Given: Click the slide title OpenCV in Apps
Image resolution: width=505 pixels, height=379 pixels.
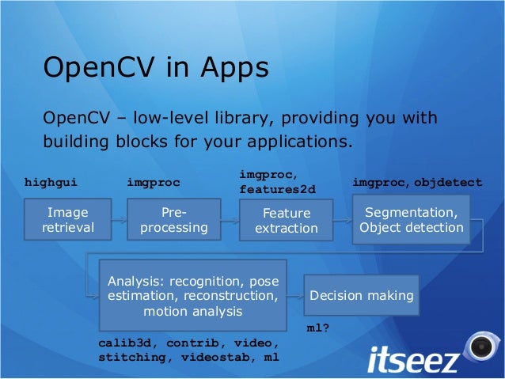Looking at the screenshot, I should tap(155, 67).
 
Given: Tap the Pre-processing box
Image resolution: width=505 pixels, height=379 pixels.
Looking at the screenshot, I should tap(174, 221).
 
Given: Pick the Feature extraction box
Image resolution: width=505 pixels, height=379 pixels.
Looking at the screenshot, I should tap(286, 221).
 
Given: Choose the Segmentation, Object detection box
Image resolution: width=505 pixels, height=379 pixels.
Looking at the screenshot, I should tap(412, 219).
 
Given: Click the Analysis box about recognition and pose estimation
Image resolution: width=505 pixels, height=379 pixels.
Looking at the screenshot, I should tap(192, 296).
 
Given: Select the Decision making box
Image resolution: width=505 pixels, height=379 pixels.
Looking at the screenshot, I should tap(362, 296).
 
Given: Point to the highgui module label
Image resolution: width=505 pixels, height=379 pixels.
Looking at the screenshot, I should tap(51, 183).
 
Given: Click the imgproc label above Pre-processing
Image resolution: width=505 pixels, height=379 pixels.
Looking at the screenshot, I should tap(154, 183).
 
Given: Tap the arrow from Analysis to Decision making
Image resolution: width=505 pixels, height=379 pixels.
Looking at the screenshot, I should tap(297, 294).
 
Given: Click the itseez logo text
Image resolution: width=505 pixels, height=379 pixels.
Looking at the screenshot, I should tap(412, 359).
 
